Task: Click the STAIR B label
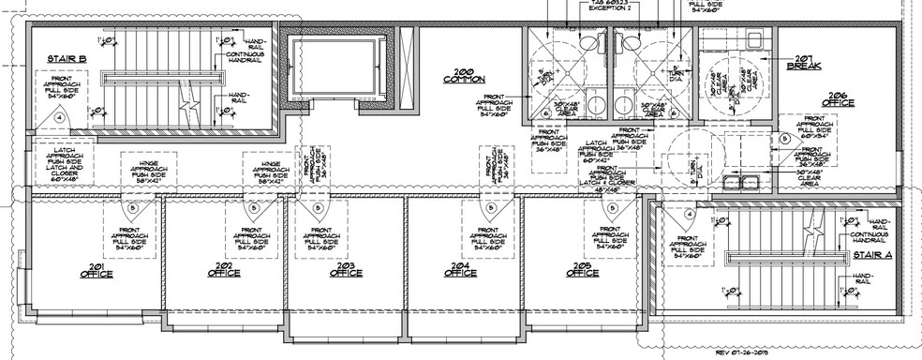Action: pyautogui.click(x=67, y=59)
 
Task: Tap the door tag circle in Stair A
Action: pyautogui.click(x=690, y=215)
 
